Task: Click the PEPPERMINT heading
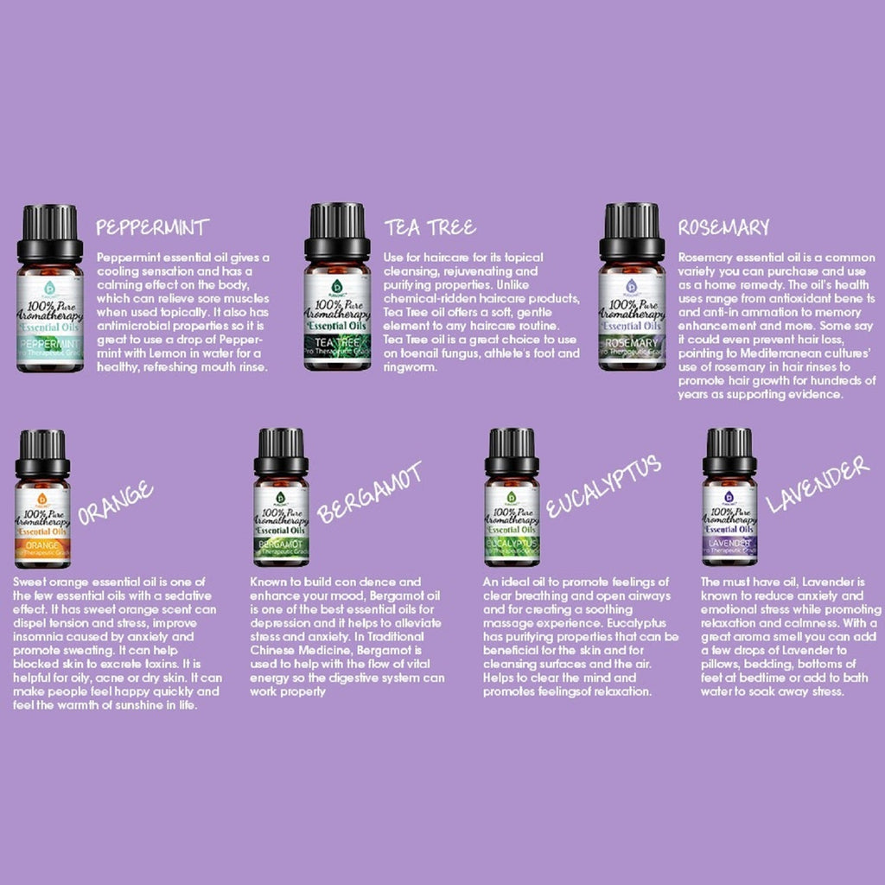coord(153,227)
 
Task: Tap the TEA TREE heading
coord(430,227)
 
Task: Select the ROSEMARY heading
coord(723,227)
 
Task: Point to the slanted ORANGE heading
coord(115,504)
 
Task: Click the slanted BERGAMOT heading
coord(369,493)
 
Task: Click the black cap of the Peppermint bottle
coord(50,227)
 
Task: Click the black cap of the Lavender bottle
coord(729,449)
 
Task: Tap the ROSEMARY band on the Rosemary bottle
coord(632,343)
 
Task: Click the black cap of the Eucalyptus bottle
coord(512,449)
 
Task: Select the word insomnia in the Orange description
coord(36,637)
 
